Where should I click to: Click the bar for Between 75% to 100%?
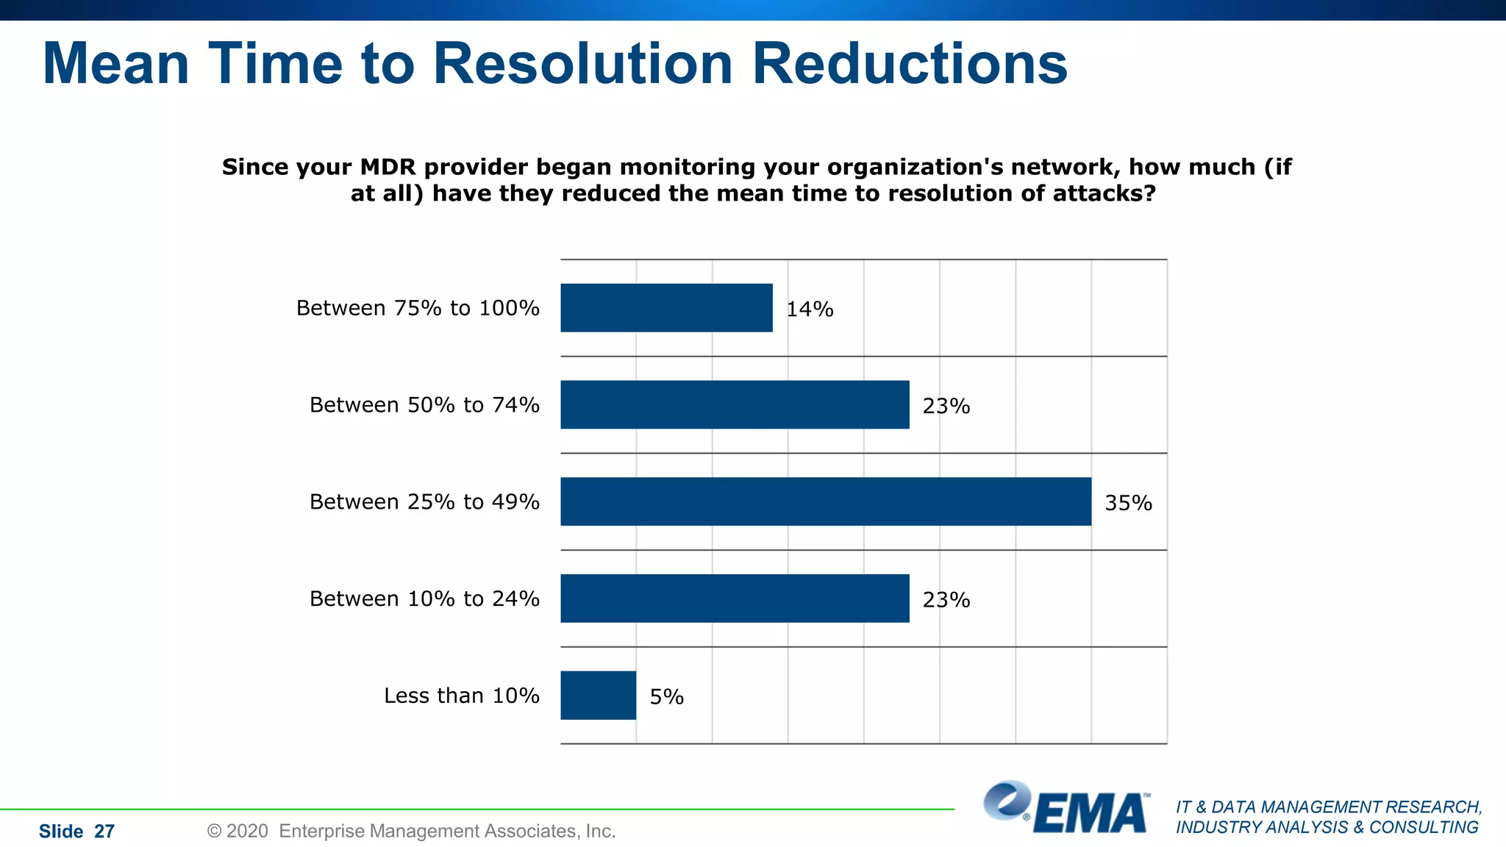(x=666, y=307)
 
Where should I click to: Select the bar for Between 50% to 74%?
(x=735, y=404)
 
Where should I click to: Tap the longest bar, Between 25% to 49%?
(x=826, y=501)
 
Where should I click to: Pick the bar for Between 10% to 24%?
(x=735, y=598)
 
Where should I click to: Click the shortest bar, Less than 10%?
(x=598, y=696)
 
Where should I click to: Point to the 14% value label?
(x=810, y=310)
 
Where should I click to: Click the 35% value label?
(x=1128, y=504)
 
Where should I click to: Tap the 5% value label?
(x=666, y=697)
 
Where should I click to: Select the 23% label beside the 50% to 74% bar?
(x=946, y=407)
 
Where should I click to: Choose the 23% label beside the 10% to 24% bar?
(x=946, y=601)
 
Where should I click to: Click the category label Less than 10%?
(x=461, y=696)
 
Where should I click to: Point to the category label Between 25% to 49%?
(x=424, y=501)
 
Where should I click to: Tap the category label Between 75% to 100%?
(x=418, y=308)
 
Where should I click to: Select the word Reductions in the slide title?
(x=910, y=64)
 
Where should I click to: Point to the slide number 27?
(x=104, y=832)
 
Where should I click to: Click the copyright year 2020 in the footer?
(x=247, y=832)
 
